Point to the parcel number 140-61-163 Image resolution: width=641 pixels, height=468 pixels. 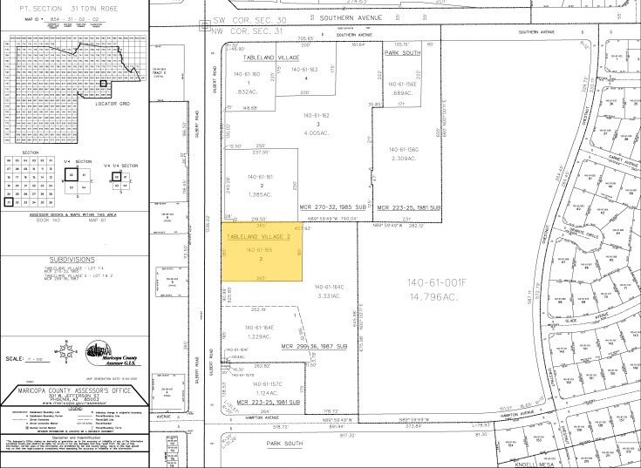[x=304, y=69]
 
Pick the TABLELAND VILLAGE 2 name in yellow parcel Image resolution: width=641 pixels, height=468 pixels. [x=259, y=236]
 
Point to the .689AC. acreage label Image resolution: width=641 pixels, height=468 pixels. [x=402, y=92]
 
